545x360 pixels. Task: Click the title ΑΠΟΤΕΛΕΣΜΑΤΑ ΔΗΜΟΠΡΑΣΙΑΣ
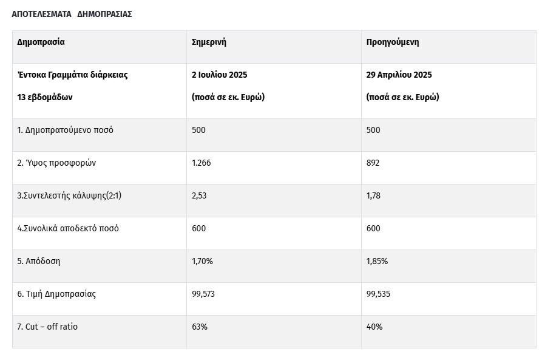point(72,14)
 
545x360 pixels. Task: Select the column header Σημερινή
point(209,42)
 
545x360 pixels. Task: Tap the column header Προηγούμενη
point(393,42)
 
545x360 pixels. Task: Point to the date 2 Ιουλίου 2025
point(219,75)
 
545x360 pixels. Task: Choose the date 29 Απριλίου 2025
point(399,75)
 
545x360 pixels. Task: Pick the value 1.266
point(201,163)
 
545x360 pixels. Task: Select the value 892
point(373,163)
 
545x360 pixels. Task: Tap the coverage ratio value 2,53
point(199,196)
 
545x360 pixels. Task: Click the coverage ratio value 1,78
point(373,196)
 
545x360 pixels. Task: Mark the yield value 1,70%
point(202,261)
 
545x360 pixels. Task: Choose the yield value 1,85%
point(377,261)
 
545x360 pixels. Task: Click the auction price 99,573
point(203,294)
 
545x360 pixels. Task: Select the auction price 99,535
point(378,294)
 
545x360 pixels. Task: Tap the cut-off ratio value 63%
point(200,327)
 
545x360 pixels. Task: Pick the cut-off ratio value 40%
point(374,327)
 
